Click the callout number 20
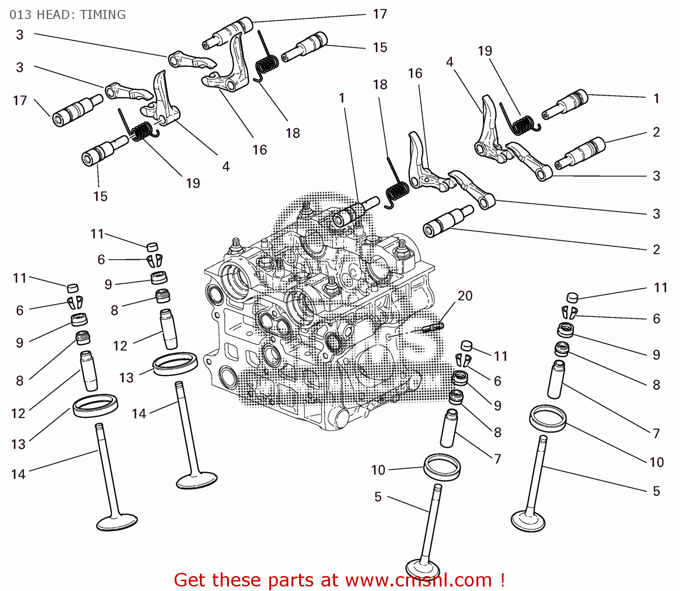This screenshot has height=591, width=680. pos(465,296)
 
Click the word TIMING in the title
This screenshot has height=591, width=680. pos(103,15)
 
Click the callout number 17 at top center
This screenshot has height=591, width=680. pos(380,14)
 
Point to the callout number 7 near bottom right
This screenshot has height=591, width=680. pos(656,434)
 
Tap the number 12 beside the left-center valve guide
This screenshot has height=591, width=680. pos(120,346)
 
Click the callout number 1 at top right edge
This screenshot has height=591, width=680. pos(656,98)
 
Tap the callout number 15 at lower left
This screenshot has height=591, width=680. pos(100,196)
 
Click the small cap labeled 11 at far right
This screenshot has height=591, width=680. pos(573,297)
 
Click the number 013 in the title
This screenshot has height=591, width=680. pos(20,15)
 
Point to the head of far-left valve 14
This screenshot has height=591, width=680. pos(117,522)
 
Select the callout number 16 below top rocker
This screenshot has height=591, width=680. pos(259,150)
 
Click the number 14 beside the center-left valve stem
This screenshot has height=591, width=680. pos(139,413)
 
